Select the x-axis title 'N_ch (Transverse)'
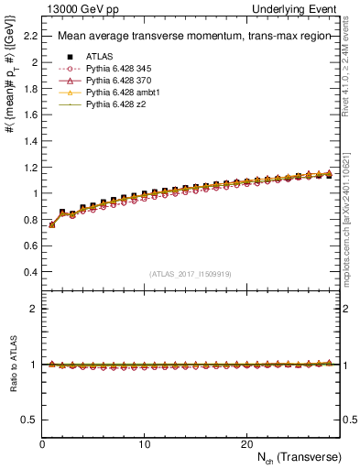[x=294, y=457]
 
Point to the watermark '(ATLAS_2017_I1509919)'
[x=190, y=274]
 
